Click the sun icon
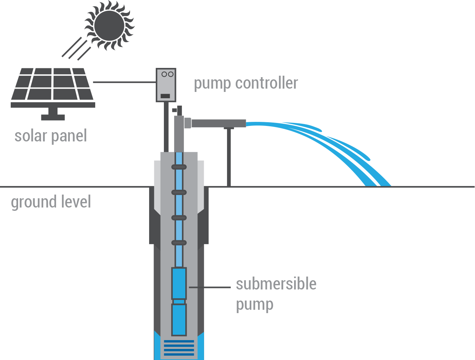109,25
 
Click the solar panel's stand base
53,117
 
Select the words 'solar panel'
51,136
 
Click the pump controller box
166,85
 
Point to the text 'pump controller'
246,83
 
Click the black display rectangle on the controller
165,96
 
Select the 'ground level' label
51,202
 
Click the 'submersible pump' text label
276,294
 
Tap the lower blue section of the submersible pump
179,320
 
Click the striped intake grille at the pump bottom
179,347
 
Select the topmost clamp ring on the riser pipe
179,167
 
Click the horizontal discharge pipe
218,123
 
